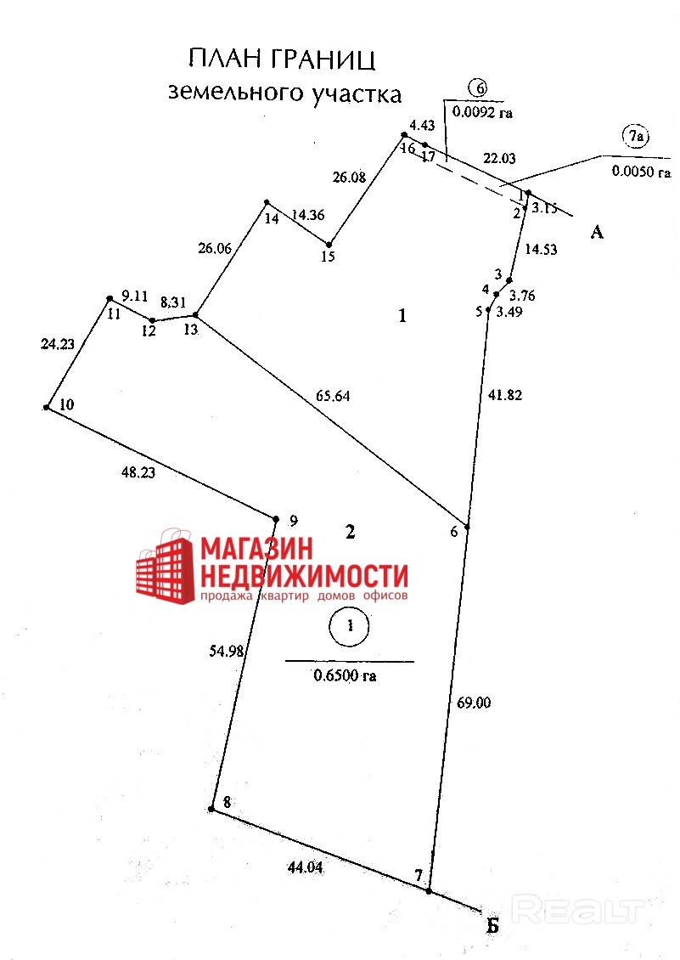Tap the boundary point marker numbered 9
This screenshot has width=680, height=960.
pyautogui.click(x=276, y=519)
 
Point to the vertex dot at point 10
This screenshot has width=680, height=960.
pyautogui.click(x=47, y=408)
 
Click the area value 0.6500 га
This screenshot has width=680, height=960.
pyautogui.click(x=345, y=676)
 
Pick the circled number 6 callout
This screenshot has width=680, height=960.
pyautogui.click(x=480, y=88)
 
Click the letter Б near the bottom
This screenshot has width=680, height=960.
pyautogui.click(x=492, y=926)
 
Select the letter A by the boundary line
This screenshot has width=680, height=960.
pyautogui.click(x=597, y=231)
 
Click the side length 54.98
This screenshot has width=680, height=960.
pyautogui.click(x=227, y=652)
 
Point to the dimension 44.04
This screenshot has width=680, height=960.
pyautogui.click(x=306, y=867)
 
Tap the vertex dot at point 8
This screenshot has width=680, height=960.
pyautogui.click(x=211, y=810)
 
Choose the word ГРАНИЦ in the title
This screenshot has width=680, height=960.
pyautogui.click(x=325, y=59)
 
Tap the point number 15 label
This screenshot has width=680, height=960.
pyautogui.click(x=329, y=256)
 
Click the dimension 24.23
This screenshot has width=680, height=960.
pyautogui.click(x=58, y=344)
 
